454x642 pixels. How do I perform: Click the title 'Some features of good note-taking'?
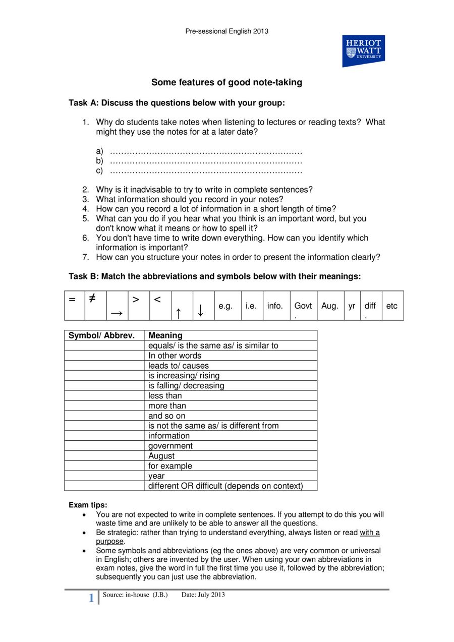[x=226, y=82]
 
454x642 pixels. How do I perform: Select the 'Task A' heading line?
[x=177, y=103]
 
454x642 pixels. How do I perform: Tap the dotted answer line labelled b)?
[x=206, y=161]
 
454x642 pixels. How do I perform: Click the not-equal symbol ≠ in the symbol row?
[x=92, y=299]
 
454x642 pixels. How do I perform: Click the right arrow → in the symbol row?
[x=117, y=314]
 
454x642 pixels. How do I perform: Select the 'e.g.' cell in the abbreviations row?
[x=225, y=306]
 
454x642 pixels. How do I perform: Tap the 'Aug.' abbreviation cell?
[x=329, y=306]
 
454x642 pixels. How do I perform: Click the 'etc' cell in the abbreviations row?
[x=391, y=306]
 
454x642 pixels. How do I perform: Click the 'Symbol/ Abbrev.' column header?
[x=101, y=335]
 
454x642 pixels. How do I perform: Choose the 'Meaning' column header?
[x=165, y=335]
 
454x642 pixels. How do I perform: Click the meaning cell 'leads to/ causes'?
[x=178, y=366]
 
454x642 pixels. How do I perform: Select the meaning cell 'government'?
[x=170, y=446]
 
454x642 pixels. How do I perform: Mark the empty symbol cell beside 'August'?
[x=104, y=456]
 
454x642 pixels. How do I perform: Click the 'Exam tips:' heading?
[x=88, y=505]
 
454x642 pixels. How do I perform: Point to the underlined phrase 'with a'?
[x=369, y=533]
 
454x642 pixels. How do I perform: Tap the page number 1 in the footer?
[x=91, y=598]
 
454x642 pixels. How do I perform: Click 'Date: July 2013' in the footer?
[x=203, y=595]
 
